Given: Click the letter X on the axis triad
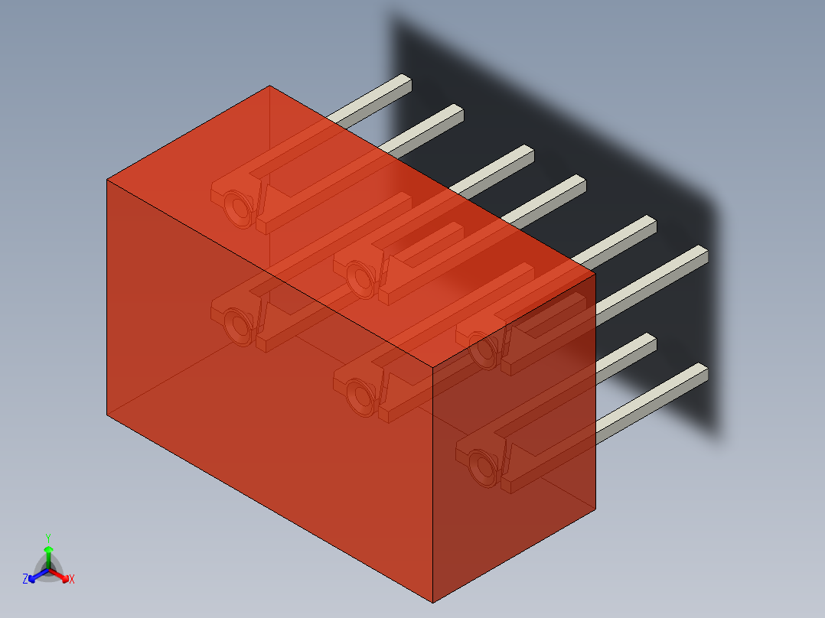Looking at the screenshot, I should tap(72, 580).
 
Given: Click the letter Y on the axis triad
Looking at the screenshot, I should tap(47, 538).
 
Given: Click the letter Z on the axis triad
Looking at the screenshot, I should tap(25, 580).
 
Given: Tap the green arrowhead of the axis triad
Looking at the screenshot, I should tap(47, 550).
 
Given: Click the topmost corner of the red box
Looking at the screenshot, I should tap(269, 86).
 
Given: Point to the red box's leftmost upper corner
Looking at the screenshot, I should tap(106, 180).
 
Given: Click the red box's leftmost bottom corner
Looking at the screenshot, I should tap(106, 415).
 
